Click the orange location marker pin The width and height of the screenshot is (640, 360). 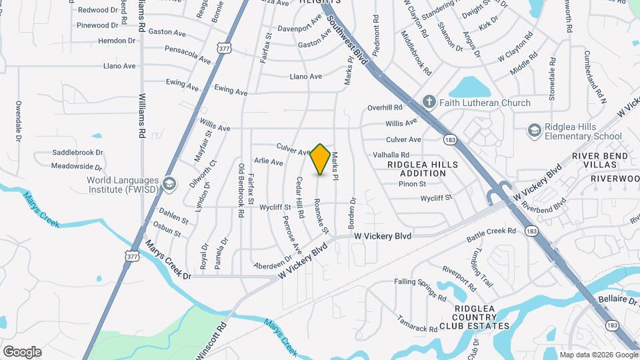tap(320, 159)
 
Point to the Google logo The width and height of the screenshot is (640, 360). tap(22, 352)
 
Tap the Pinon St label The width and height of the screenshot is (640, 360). tap(413, 183)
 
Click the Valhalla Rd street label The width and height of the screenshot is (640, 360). tap(391, 155)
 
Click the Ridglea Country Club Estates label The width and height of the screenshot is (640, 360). tap(473, 317)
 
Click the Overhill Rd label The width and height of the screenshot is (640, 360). tap(385, 107)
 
